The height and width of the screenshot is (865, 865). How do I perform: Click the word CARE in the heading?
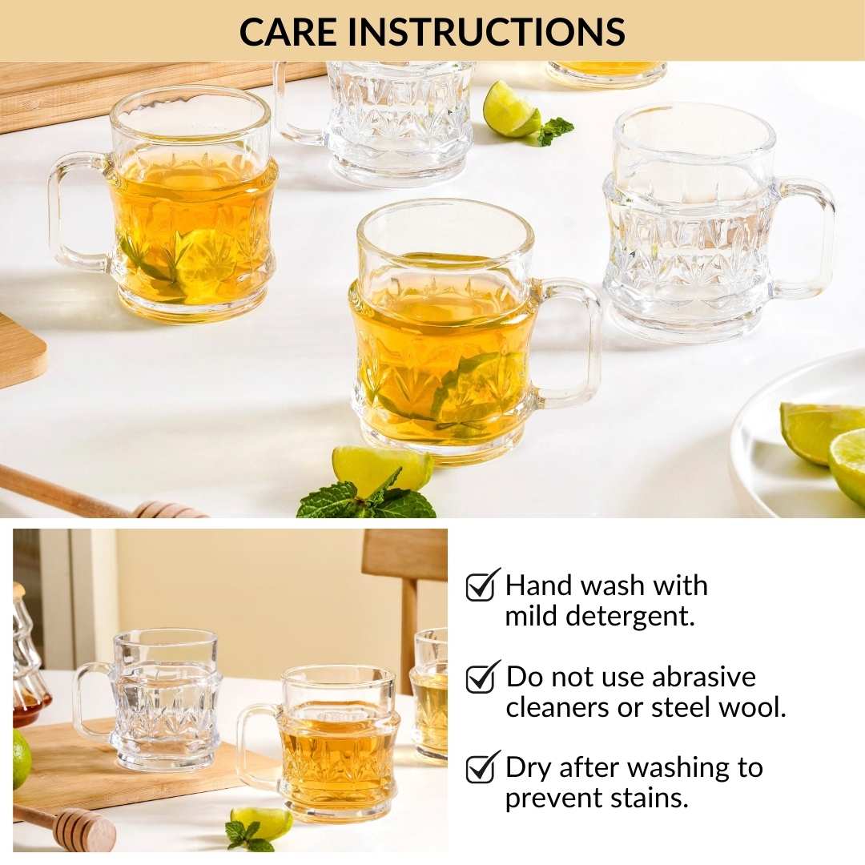click(x=288, y=31)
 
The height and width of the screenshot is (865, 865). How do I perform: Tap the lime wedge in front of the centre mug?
click(x=380, y=469)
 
